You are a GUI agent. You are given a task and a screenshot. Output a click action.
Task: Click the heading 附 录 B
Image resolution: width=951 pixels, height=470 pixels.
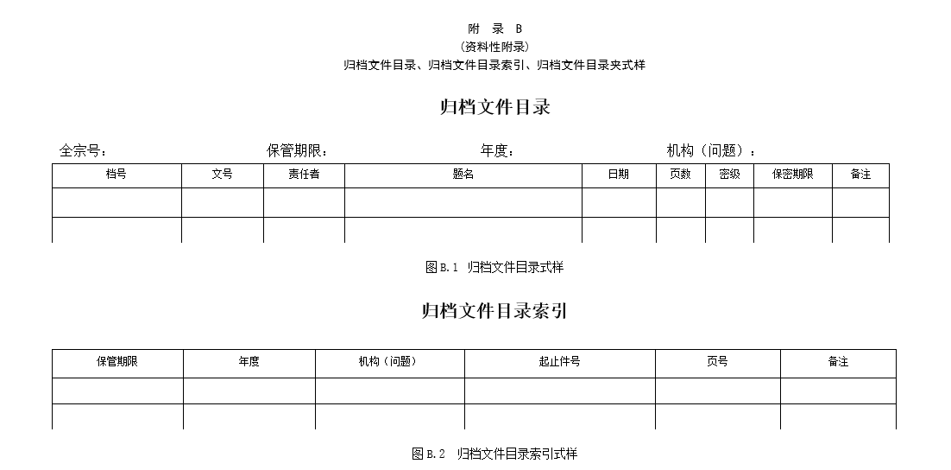click(x=494, y=29)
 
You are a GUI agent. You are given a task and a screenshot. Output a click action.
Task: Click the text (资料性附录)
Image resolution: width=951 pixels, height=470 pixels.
click(x=494, y=47)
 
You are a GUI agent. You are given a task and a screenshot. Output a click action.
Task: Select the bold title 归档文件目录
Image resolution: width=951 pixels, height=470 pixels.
click(x=494, y=107)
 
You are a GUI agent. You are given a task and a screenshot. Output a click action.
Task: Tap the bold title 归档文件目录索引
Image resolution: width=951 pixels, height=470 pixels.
click(x=494, y=311)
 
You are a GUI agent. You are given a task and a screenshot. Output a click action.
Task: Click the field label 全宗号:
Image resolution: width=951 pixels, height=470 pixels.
click(x=83, y=150)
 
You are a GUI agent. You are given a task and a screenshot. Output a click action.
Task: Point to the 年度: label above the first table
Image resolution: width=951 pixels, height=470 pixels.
click(x=497, y=150)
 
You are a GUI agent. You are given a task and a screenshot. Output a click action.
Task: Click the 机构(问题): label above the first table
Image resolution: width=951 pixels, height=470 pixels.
click(x=711, y=150)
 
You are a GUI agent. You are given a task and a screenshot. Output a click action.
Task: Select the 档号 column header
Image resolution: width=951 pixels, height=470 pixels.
click(x=116, y=175)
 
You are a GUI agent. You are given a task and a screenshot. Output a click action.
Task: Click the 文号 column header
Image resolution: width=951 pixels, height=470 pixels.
click(x=222, y=175)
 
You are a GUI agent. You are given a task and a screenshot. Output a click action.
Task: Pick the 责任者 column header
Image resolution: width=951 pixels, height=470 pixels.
click(x=304, y=175)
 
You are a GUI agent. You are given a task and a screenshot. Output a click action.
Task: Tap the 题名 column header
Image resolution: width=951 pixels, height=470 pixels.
click(x=463, y=175)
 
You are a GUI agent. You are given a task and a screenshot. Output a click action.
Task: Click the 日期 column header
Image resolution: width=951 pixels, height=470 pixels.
click(x=619, y=175)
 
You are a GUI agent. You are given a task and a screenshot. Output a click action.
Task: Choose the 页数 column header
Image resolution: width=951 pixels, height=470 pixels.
click(x=681, y=175)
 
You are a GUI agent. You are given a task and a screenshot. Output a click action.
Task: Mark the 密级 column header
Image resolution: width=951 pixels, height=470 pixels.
click(x=729, y=175)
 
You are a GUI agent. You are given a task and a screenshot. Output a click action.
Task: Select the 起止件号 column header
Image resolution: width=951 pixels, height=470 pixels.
click(x=559, y=362)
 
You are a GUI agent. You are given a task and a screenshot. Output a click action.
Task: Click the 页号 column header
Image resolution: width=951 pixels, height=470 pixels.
click(x=717, y=362)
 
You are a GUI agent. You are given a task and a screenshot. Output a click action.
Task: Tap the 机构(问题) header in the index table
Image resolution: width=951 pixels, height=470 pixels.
click(x=387, y=362)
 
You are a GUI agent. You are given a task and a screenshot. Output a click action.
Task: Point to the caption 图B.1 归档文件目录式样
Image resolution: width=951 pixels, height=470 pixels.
click(x=494, y=267)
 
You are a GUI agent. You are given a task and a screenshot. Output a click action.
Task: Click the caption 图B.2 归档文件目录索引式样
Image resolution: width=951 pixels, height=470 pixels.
click(x=494, y=454)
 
